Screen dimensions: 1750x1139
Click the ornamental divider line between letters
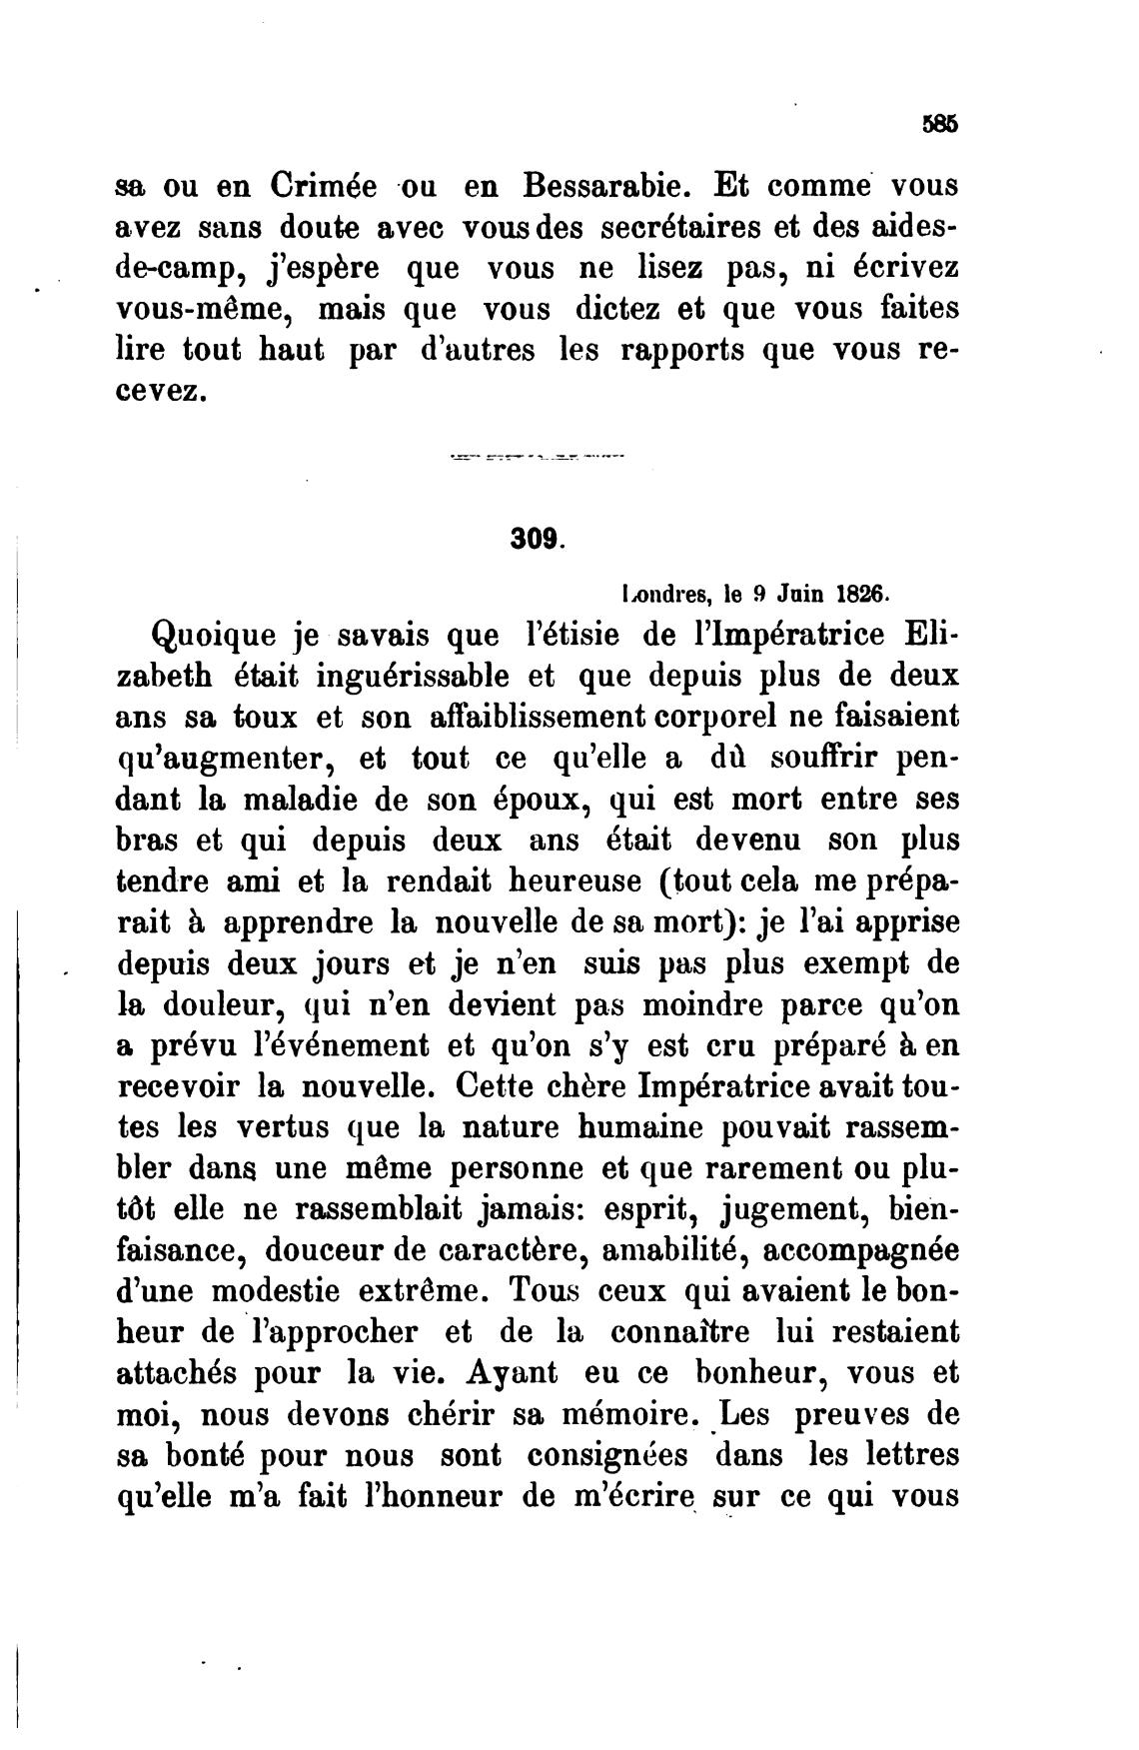(537, 460)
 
